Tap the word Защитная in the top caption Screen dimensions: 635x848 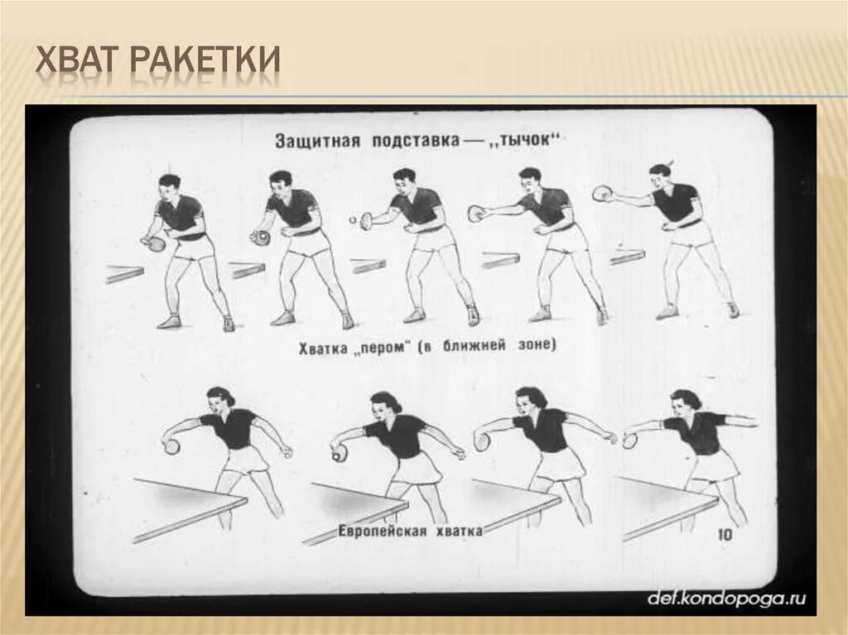317,141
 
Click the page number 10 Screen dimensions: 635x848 724,536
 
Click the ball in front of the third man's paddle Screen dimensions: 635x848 351,221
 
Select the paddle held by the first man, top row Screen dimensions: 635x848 155,243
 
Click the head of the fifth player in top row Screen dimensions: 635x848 661,176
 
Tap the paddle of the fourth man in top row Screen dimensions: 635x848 475,214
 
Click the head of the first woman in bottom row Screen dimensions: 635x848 220,401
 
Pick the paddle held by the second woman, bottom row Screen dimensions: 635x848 339,453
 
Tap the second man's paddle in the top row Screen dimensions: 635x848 261,238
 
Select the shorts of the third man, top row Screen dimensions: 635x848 433,238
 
